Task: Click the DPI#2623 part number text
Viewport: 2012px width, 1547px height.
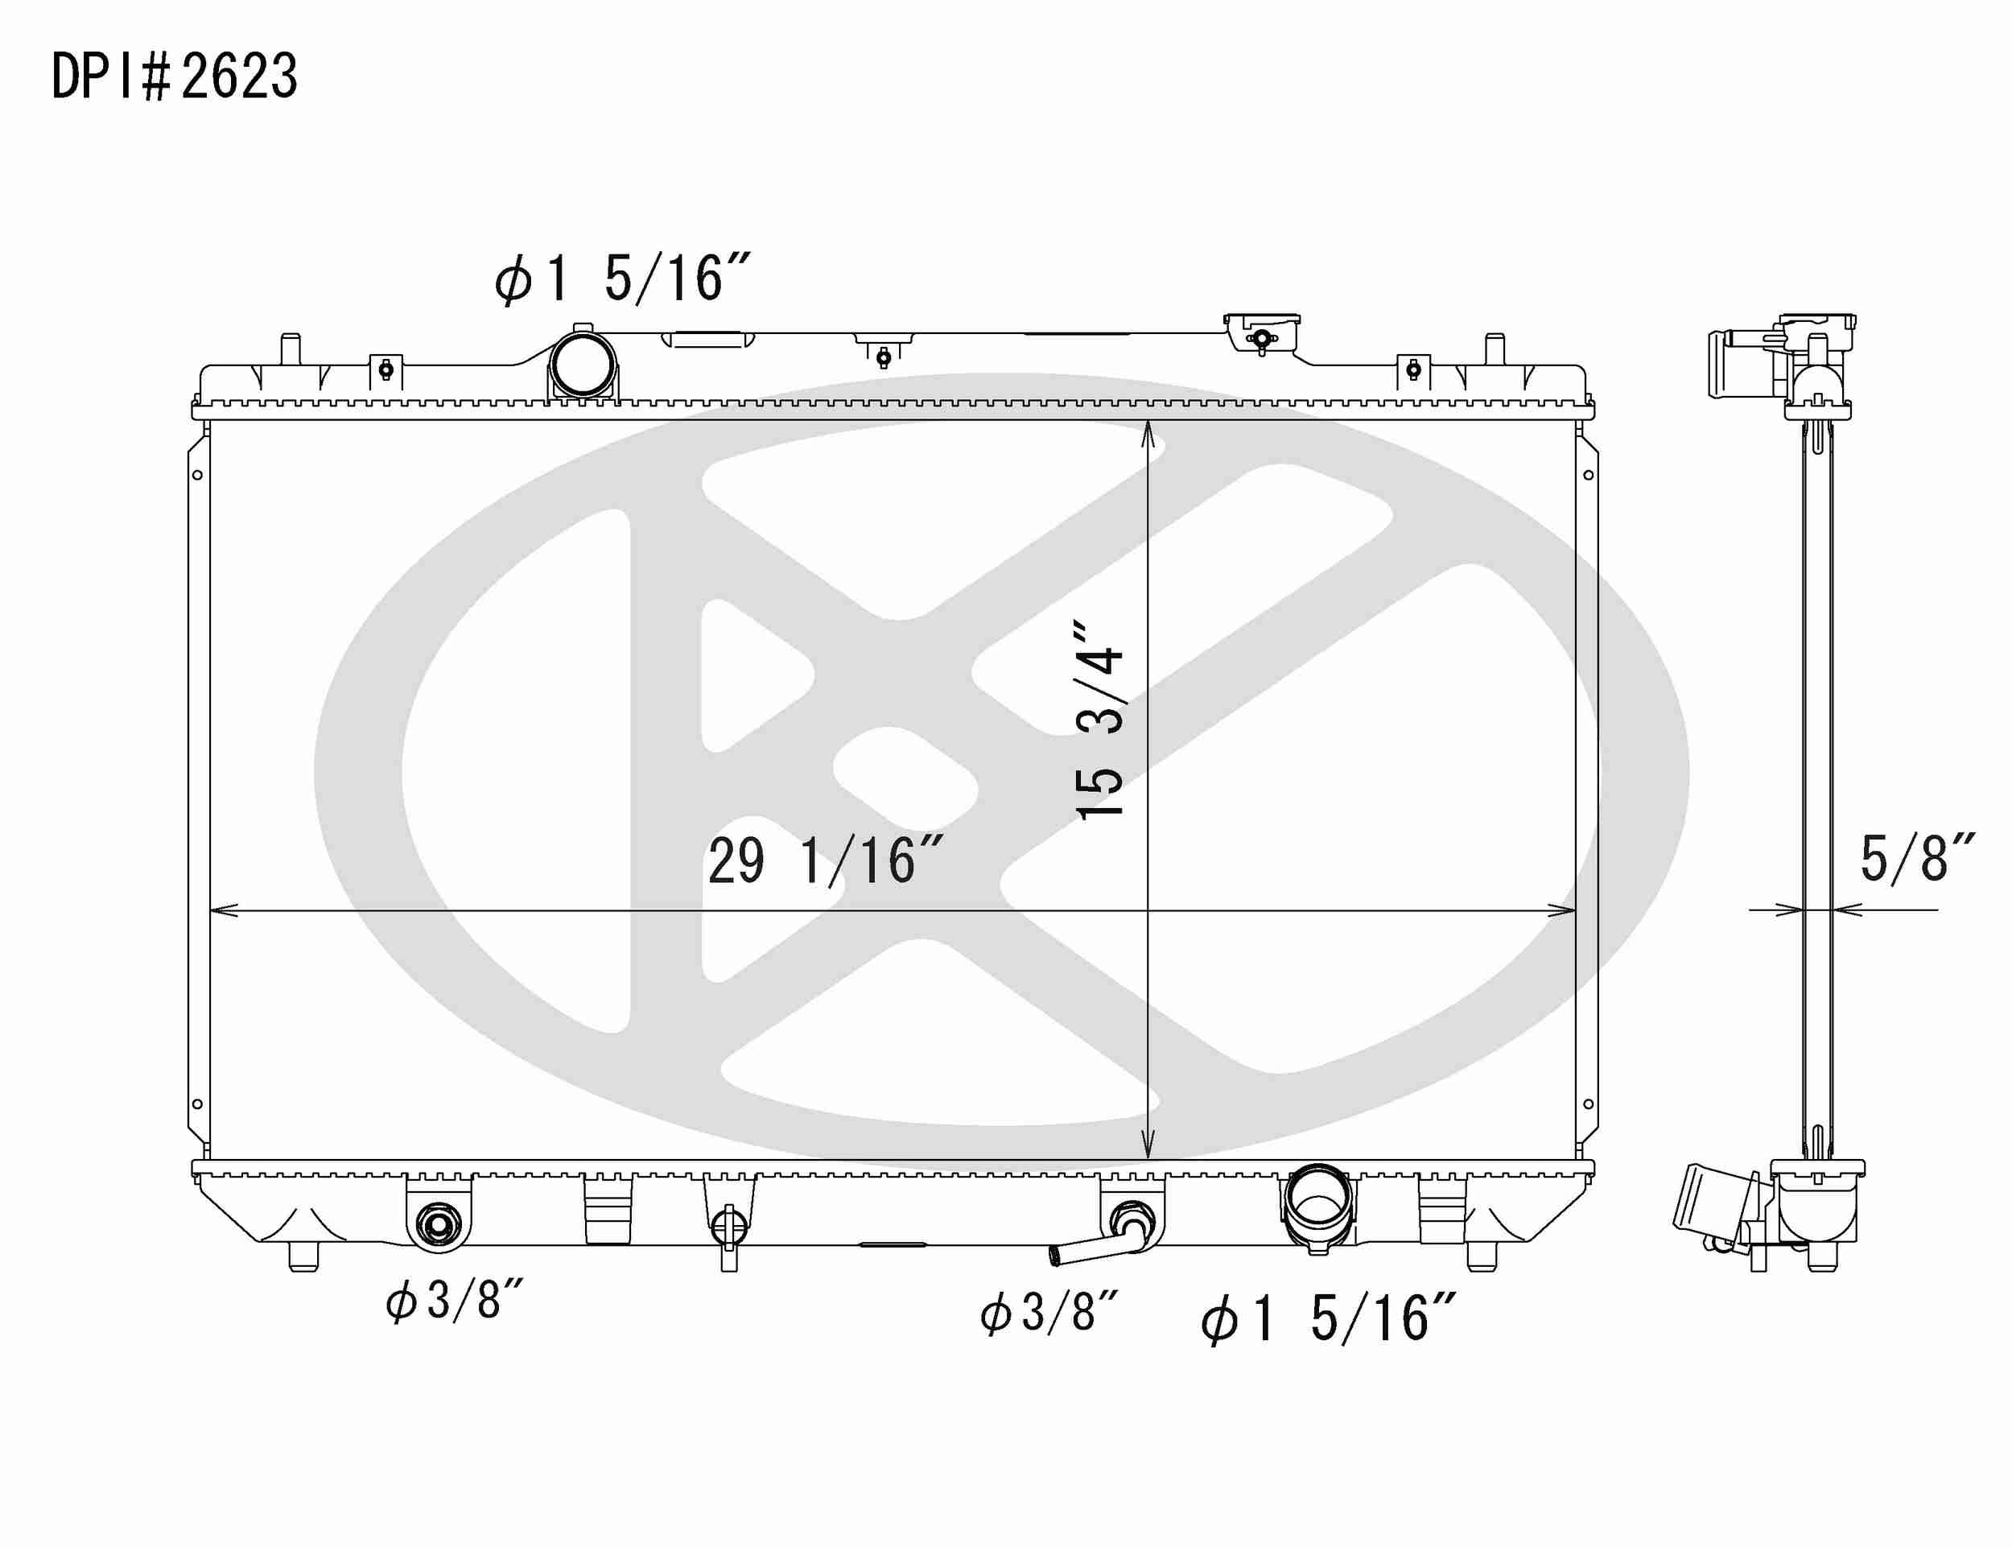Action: (174, 76)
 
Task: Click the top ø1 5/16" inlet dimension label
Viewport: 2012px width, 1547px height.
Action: (622, 278)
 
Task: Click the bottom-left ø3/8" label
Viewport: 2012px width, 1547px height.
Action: (454, 1302)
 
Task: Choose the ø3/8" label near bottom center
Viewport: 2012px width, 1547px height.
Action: (1049, 1312)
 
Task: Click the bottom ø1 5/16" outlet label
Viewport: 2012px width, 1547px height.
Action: (1327, 1318)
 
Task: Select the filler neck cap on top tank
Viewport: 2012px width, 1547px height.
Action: (1262, 336)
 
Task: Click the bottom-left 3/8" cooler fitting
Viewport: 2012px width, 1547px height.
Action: (436, 1223)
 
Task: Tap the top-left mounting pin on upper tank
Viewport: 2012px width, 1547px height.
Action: (290, 351)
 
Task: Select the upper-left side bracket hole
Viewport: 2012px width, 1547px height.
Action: (197, 475)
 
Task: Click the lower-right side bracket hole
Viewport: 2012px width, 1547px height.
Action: (1589, 1104)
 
